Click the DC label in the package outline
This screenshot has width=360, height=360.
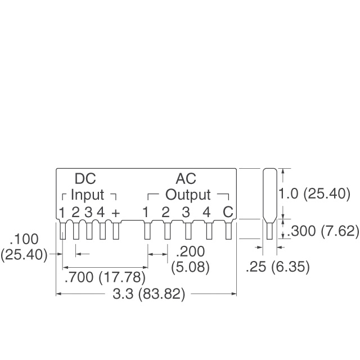click(85, 179)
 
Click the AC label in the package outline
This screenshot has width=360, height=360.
click(186, 179)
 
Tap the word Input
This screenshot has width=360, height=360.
click(87, 195)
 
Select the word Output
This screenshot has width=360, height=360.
click(188, 195)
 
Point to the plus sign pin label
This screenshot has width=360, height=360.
click(116, 213)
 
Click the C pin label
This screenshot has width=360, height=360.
click(227, 213)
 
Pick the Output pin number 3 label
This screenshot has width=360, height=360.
click(186, 213)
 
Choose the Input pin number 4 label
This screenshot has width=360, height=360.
click(101, 213)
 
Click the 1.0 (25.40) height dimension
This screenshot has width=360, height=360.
click(314, 195)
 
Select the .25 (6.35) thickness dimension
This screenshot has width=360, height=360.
click(278, 267)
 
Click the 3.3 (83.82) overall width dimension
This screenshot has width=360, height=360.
click(146, 294)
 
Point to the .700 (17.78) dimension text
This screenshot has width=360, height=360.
click(105, 277)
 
